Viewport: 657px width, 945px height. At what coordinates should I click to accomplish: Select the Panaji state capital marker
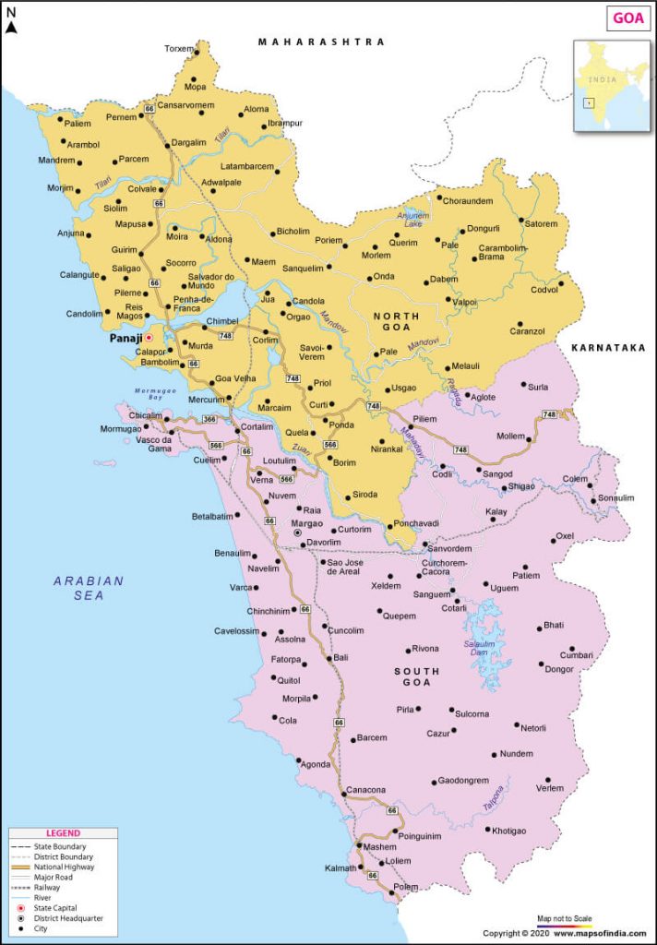click(x=149, y=338)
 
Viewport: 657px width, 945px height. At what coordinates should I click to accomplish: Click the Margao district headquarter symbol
click(x=297, y=533)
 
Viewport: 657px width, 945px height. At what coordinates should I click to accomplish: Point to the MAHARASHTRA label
click(x=321, y=42)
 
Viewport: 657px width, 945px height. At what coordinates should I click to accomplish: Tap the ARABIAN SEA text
click(x=89, y=588)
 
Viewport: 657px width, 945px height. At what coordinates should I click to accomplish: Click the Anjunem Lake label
click(x=413, y=220)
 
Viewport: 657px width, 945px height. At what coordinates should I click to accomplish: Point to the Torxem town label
click(x=180, y=49)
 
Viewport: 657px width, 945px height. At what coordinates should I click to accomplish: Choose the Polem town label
click(x=405, y=887)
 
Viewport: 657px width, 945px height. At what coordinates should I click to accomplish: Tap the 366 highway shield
click(x=209, y=420)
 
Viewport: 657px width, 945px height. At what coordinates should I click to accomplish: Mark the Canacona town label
click(x=365, y=790)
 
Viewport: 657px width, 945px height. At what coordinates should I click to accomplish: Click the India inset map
click(x=611, y=85)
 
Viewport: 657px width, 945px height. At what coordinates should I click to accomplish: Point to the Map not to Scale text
click(x=566, y=918)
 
